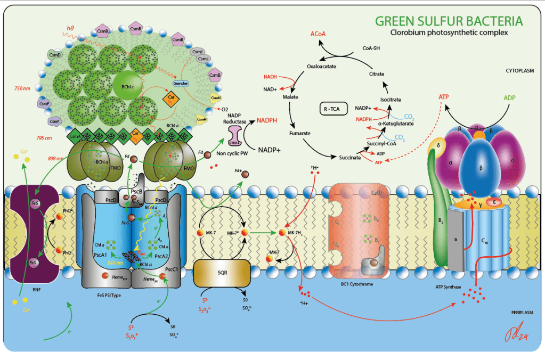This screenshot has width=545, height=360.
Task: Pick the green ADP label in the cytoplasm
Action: pos(509,98)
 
